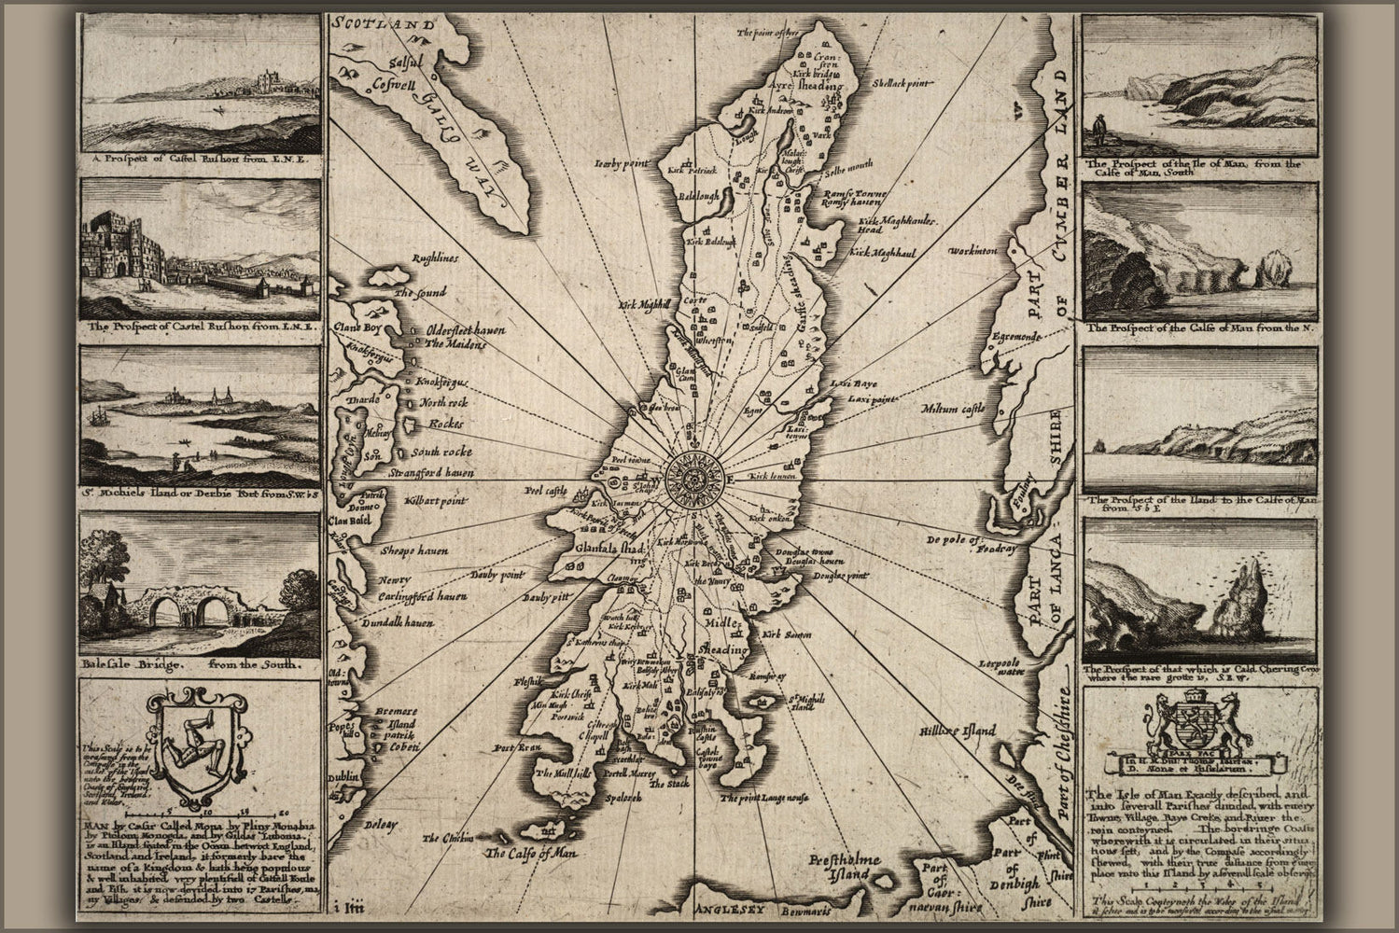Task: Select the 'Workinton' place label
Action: click(972, 252)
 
